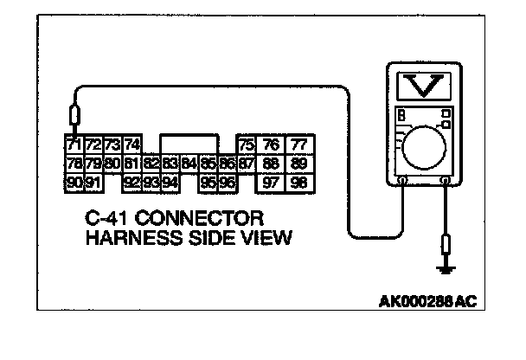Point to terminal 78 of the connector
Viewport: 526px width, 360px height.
74,162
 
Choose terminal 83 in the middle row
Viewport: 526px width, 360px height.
170,162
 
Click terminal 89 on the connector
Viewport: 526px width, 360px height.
298,162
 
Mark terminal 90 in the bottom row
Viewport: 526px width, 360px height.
74,182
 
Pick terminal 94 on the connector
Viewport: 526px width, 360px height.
170,182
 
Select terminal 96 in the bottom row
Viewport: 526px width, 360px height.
227,182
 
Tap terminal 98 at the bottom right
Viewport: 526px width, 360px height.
298,182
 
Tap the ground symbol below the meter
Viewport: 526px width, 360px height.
446,269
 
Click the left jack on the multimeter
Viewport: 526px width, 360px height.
403,181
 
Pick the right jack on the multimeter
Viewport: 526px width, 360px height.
446,181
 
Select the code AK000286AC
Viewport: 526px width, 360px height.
428,303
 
